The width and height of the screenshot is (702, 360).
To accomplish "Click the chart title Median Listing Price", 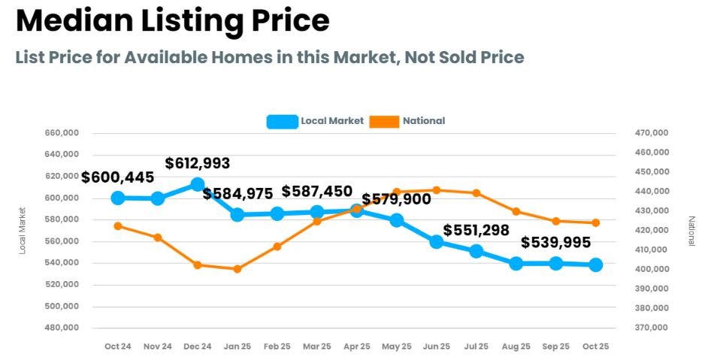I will (x=173, y=21).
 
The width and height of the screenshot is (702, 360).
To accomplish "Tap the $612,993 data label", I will (x=198, y=163).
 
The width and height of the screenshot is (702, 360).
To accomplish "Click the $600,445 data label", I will (x=118, y=178).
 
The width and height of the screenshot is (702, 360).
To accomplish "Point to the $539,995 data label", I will (x=555, y=243).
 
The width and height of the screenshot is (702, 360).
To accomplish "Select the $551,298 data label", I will (x=476, y=231).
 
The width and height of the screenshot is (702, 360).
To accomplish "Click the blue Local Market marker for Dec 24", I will (x=198, y=184).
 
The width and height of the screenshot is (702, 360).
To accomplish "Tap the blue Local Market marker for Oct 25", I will (x=595, y=265).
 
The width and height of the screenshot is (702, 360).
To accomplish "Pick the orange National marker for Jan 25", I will (x=238, y=269).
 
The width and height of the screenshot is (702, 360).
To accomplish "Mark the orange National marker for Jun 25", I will (x=437, y=190).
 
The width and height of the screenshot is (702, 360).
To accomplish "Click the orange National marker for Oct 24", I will (x=118, y=225).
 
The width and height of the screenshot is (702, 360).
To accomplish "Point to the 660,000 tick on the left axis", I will (x=63, y=133).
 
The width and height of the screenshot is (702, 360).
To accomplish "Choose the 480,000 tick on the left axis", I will (x=63, y=328).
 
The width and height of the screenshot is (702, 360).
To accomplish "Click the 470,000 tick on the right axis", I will (x=651, y=133).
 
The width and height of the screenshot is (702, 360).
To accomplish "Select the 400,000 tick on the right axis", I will (x=651, y=269).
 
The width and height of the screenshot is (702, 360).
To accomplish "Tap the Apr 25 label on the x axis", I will (x=356, y=346).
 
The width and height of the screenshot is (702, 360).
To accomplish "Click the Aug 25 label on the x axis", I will (x=516, y=346).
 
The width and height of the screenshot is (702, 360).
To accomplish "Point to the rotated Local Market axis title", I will (x=23, y=231).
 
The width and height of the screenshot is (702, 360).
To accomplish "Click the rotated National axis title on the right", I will (x=691, y=231).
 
